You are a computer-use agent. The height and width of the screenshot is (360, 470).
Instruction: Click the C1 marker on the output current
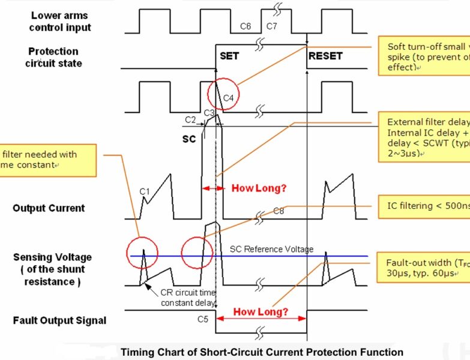coord(144,191)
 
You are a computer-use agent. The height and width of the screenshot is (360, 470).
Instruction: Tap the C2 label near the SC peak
coord(190,119)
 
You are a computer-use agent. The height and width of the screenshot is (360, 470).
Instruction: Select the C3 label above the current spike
coord(209,113)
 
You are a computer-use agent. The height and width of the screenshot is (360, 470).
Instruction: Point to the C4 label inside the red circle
coord(228,96)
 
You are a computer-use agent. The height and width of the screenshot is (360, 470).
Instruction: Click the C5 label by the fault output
coord(203,319)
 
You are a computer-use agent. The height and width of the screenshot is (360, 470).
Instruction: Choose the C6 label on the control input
coord(246,26)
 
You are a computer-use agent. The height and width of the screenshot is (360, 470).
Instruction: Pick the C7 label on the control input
coord(271,26)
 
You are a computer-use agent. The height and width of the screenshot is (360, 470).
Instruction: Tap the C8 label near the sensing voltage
coord(279,211)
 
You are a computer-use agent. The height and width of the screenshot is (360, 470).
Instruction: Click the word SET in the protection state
coord(229,56)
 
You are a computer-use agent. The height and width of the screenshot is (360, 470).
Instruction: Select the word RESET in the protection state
coord(325,56)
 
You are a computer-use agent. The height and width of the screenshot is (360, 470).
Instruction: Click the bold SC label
coord(189,139)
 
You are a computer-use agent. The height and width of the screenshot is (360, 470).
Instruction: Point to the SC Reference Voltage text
coord(271,249)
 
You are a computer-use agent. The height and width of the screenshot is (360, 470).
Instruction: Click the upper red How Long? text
coord(259,188)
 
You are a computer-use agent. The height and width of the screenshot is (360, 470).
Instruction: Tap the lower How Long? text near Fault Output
coord(261,312)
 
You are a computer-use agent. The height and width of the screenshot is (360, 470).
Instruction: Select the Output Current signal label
coord(49,208)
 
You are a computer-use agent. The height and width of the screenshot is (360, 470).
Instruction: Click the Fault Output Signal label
coord(59,320)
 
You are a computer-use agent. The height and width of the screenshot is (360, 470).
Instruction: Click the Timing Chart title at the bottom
coord(262,352)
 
